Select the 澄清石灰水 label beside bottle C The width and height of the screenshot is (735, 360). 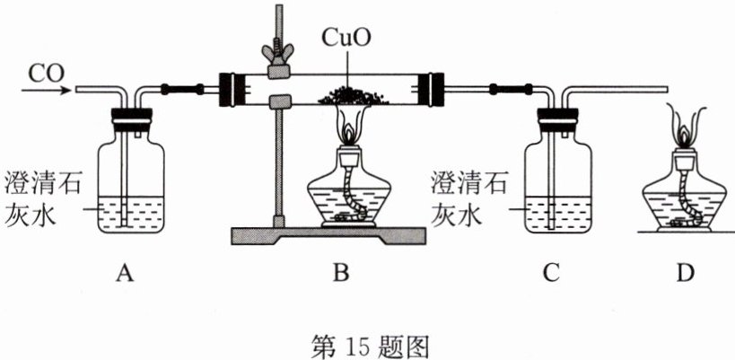469,198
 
